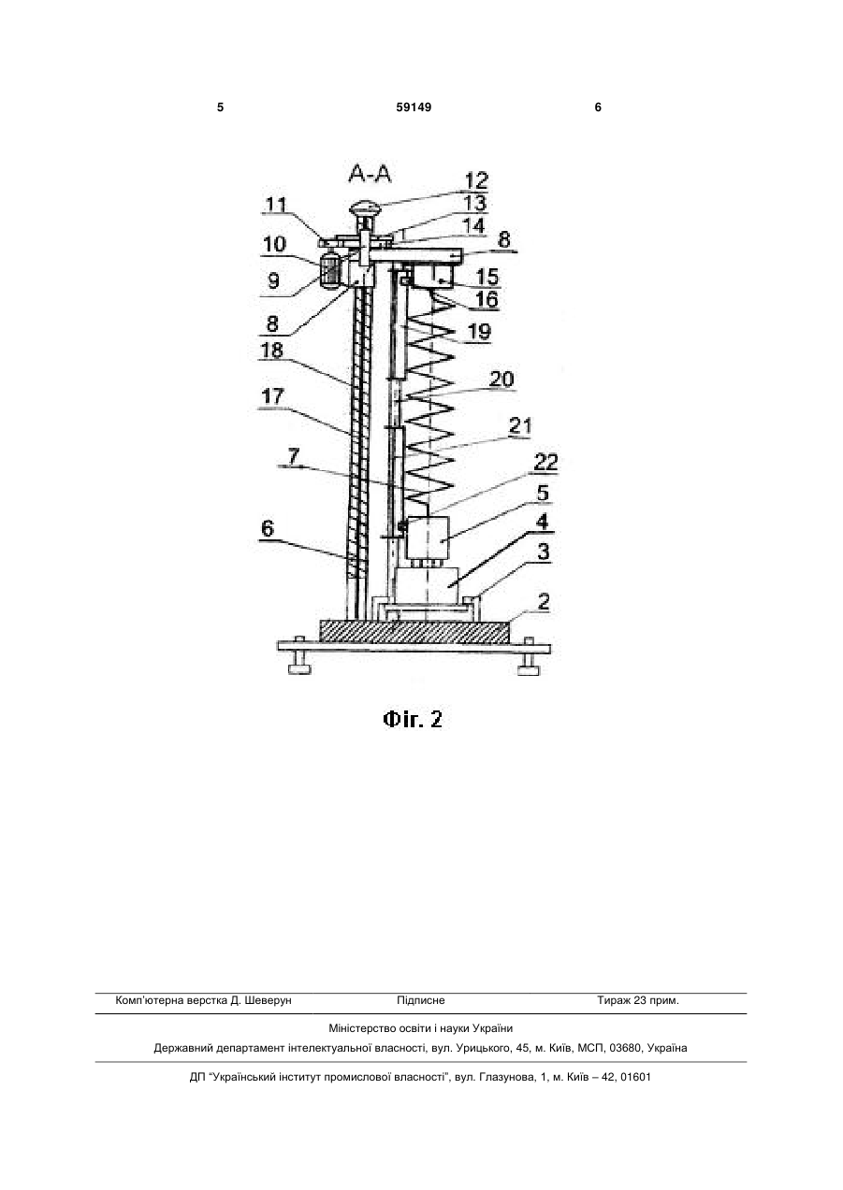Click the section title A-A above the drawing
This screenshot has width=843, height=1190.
point(370,174)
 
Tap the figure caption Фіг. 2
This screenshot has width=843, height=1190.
point(413,719)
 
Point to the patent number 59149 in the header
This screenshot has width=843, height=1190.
point(414,108)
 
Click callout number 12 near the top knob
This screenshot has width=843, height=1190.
point(476,180)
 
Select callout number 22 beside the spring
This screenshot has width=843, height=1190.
point(545,462)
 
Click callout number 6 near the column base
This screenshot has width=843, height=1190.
point(268,528)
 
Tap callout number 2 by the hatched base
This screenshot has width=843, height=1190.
point(544,602)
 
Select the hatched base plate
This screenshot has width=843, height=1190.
point(414,631)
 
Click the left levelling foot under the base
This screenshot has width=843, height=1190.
point(298,663)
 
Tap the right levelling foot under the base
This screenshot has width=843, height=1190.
point(529,663)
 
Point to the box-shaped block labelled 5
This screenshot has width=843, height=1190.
point(428,538)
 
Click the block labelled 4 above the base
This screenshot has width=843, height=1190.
point(427,585)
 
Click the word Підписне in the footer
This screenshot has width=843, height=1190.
point(421,1000)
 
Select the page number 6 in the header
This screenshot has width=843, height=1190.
point(598,108)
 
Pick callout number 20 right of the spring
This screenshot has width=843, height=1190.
point(501,380)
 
